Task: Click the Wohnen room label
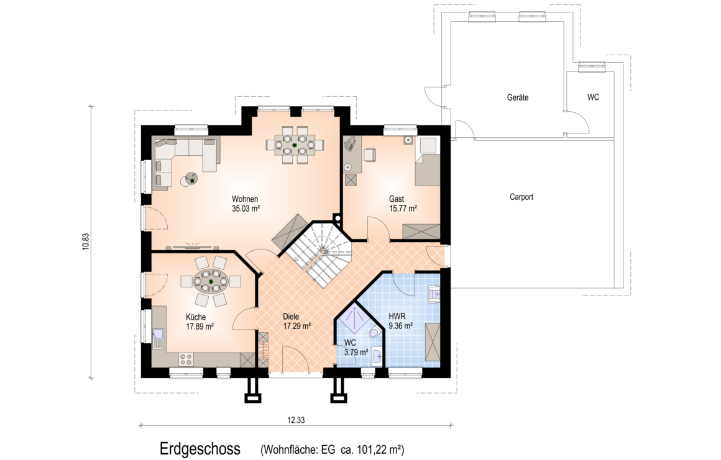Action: coord(245,199)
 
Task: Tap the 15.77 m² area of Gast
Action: coord(403,208)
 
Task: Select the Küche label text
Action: coord(196,317)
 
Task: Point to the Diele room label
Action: coord(291,317)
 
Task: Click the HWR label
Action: coord(397,317)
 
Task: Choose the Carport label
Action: coord(521,197)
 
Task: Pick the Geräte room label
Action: coord(518,97)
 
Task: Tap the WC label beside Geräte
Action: coord(593,97)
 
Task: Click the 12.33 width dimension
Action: coord(296,420)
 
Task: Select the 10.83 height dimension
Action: coord(85,242)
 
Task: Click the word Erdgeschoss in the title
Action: coord(200,449)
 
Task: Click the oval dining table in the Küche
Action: coord(211,281)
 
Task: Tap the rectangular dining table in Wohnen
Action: coord(295,145)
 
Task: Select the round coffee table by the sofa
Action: coord(190,179)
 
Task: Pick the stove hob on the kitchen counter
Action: coord(186,359)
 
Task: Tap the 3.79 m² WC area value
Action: coord(356,352)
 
